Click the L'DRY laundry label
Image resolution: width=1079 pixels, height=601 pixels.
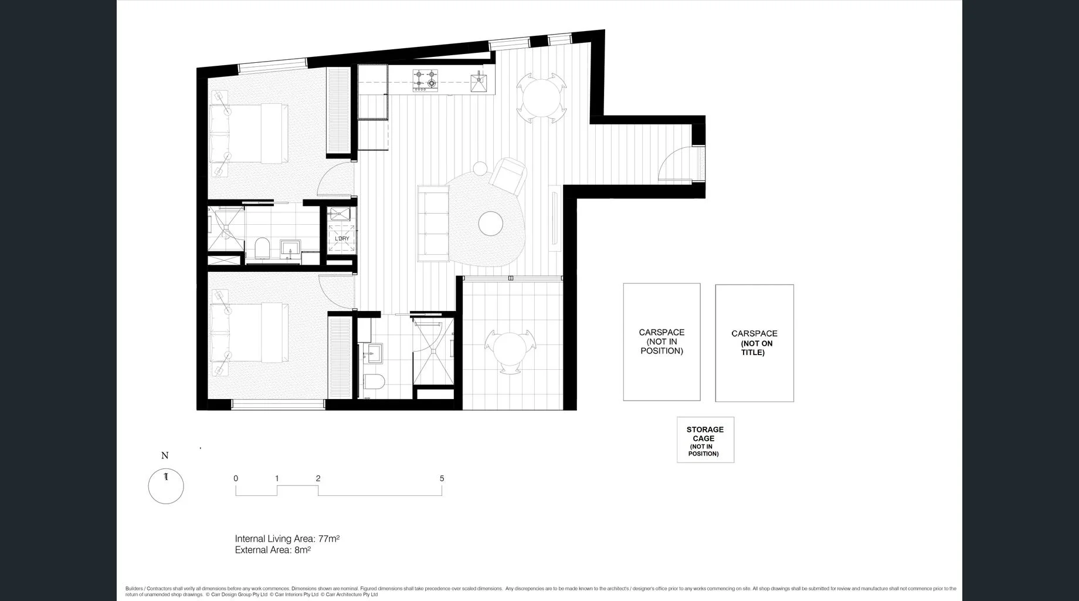click(342, 238)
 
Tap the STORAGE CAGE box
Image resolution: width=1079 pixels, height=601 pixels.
click(705, 440)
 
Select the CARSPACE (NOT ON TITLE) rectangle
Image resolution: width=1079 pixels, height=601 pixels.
click(754, 343)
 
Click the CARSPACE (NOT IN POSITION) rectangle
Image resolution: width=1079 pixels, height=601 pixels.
click(661, 342)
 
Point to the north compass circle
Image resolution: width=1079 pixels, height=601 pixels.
click(166, 486)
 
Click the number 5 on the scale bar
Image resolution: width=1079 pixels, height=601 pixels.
click(442, 478)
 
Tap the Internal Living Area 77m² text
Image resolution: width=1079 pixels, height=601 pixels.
click(287, 538)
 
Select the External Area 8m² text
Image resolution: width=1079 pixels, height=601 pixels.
click(273, 550)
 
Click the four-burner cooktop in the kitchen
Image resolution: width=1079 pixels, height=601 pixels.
click(425, 81)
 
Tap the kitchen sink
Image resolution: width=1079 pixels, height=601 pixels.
click(479, 82)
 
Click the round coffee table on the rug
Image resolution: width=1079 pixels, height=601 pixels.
click(491, 224)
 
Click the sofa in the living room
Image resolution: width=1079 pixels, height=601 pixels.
click(433, 223)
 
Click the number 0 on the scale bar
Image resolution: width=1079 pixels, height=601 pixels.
click(236, 478)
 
